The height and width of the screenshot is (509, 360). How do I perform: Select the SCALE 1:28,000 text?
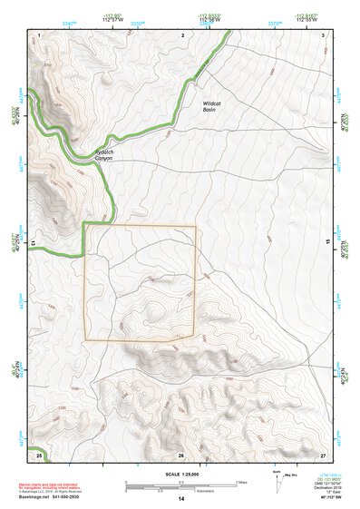coord(180,472)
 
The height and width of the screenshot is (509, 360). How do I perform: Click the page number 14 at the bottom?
coord(181,499)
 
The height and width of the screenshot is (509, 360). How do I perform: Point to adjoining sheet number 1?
coord(41,34)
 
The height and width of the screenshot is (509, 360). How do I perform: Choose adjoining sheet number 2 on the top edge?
coord(183,34)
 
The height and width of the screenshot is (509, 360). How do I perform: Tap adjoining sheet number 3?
coord(323,34)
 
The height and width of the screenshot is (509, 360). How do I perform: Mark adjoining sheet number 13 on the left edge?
coord(34,242)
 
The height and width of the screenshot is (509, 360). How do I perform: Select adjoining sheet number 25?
coord(40,454)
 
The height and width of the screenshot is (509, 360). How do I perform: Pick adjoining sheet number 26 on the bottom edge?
coord(181,455)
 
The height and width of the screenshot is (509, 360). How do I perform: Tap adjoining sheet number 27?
coord(323,454)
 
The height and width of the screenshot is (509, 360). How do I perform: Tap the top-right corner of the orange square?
coord(196,226)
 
